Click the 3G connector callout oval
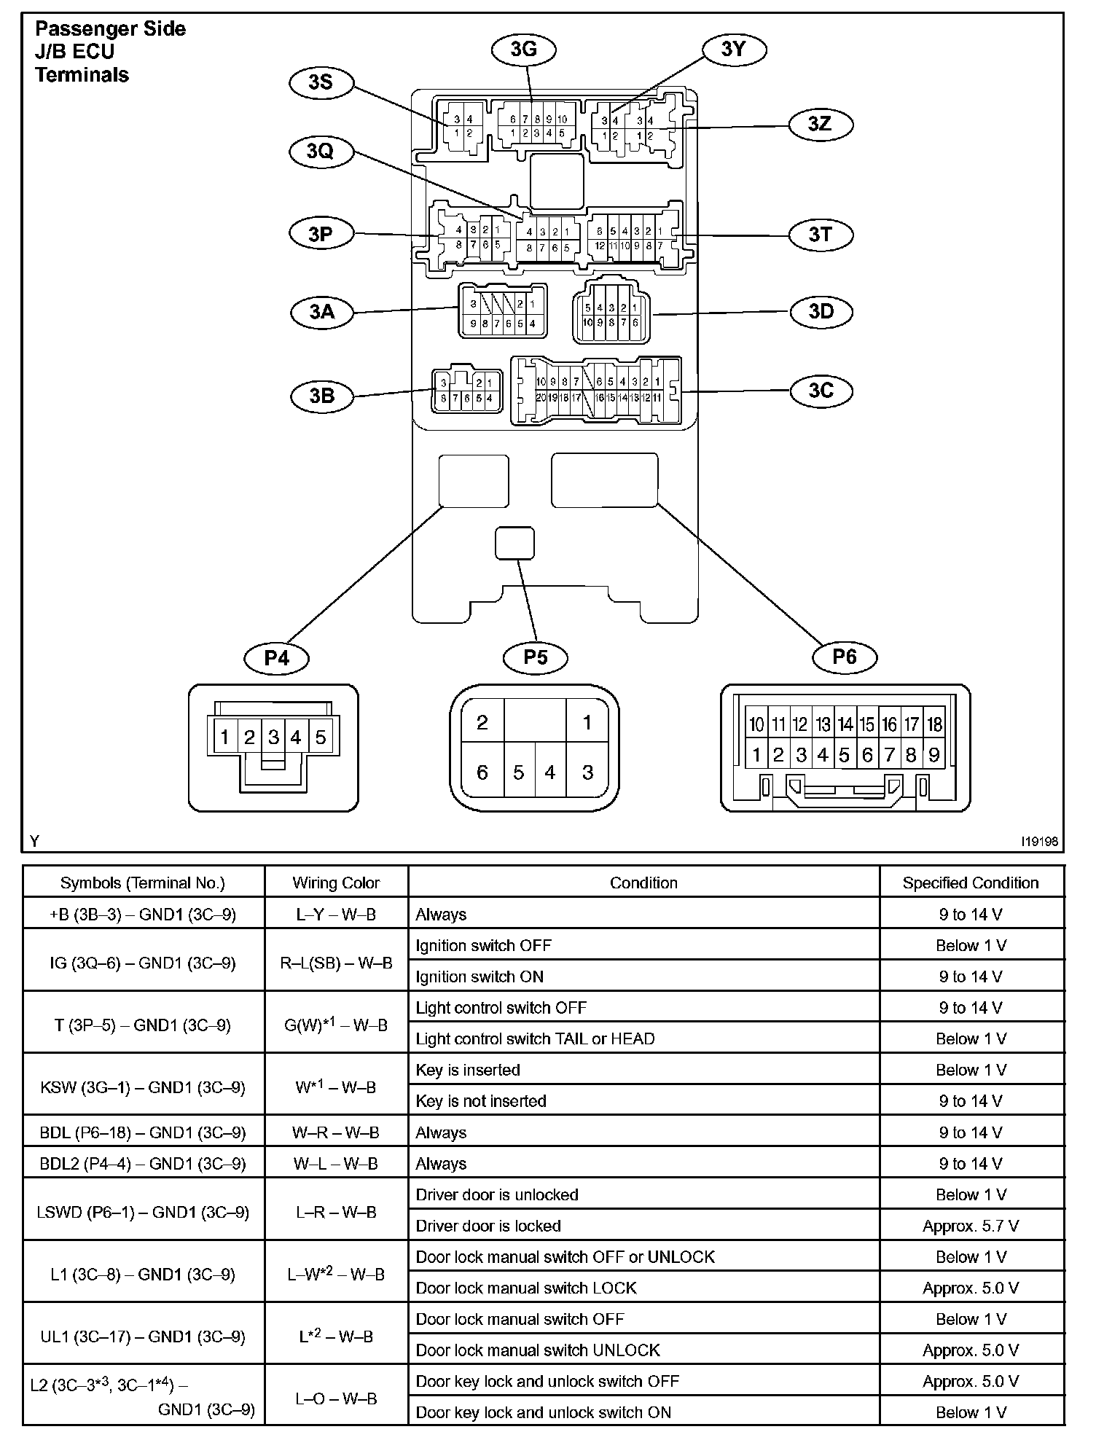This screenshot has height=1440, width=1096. click(x=523, y=49)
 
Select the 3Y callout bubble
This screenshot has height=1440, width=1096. click(x=733, y=49)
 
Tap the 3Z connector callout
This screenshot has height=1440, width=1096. click(x=821, y=124)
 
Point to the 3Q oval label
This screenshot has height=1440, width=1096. click(x=320, y=151)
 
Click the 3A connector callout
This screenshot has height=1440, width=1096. click(x=321, y=312)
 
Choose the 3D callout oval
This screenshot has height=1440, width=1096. click(x=821, y=311)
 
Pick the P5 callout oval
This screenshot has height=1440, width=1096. click(x=536, y=657)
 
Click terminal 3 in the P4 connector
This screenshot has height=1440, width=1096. click(x=273, y=737)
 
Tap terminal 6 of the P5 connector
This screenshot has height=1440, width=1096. click(x=482, y=772)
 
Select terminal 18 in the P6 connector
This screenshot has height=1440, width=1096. click(x=934, y=724)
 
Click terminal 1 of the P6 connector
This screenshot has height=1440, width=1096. click(x=756, y=755)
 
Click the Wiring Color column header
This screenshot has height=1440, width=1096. click(x=336, y=883)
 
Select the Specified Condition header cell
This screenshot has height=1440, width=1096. click(x=970, y=883)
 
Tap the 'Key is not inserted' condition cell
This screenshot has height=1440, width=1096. click(x=481, y=1101)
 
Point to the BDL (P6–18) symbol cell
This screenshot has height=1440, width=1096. click(x=143, y=1132)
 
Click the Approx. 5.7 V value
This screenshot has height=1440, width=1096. click(x=970, y=1226)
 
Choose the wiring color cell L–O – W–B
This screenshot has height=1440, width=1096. click(x=336, y=1398)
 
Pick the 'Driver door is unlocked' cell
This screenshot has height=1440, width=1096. click(x=497, y=1194)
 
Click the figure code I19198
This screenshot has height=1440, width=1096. click(x=1039, y=842)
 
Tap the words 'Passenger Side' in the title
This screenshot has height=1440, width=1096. click(x=110, y=29)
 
